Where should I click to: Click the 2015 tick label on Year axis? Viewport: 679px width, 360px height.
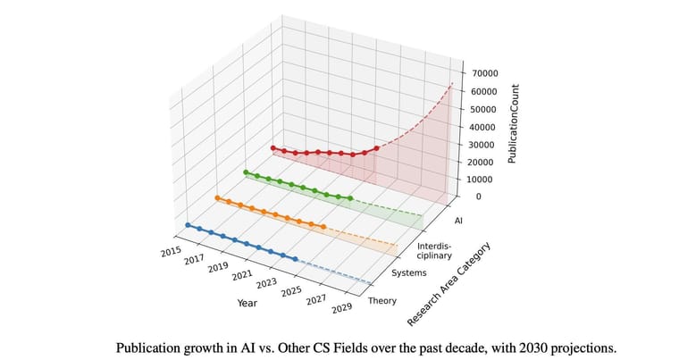[171, 252]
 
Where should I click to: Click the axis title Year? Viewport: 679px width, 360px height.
[247, 303]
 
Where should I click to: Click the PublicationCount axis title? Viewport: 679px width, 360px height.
[513, 124]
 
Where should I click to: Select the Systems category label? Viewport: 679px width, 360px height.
[409, 272]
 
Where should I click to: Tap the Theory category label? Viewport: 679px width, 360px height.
[382, 301]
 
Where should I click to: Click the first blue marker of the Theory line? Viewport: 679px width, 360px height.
[188, 225]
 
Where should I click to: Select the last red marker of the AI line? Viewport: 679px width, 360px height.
[376, 148]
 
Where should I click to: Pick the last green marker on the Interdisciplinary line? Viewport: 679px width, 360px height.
[349, 198]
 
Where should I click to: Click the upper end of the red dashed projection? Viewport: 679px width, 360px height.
[453, 82]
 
